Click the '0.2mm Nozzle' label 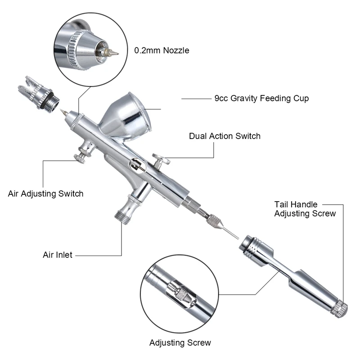pos(162,50)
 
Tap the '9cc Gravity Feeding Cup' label pos(261,98)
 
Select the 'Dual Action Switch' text pos(225,136)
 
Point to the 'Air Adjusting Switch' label pos(46,194)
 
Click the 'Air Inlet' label pos(58,255)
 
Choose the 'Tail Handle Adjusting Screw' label pos(305,209)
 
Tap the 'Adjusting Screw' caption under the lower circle pos(180,342)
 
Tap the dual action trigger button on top pos(161,158)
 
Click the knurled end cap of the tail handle pos(339,308)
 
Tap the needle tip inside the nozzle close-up pos(112,53)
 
